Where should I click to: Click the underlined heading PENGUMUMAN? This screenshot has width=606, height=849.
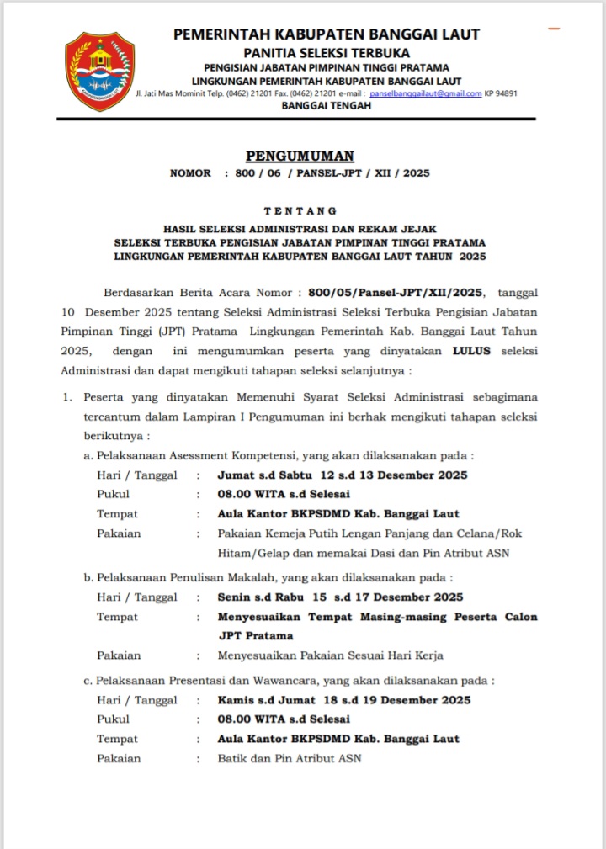[300, 156]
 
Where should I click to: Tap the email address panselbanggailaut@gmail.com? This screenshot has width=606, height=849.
[426, 93]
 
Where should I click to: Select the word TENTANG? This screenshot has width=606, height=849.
[300, 210]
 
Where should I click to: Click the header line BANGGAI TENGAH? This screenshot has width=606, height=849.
[326, 106]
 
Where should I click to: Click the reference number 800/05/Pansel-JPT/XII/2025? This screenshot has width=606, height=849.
[396, 293]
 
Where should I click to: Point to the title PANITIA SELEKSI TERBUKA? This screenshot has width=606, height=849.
[327, 52]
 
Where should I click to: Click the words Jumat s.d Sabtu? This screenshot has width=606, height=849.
[262, 475]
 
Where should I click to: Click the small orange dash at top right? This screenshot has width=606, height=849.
[554, 29]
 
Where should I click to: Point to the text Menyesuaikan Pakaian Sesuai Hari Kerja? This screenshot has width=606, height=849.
[330, 655]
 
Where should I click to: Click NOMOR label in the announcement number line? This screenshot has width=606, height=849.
[191, 173]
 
